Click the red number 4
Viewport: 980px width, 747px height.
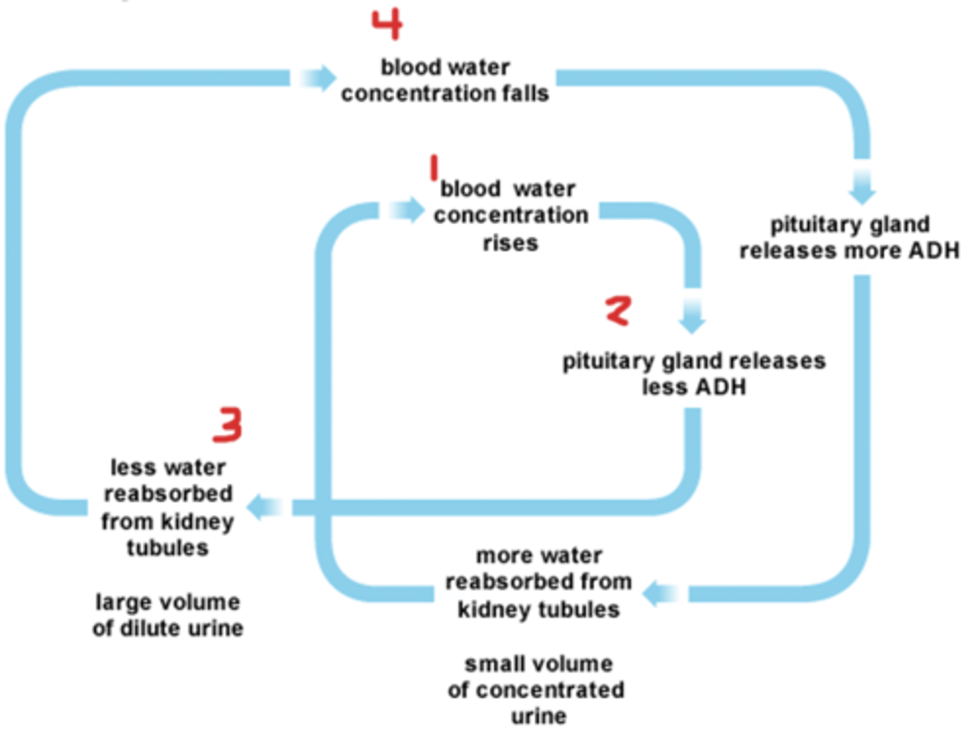[x=387, y=25]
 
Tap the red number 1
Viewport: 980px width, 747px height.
[x=434, y=168]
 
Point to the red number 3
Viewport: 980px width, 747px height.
[x=228, y=424]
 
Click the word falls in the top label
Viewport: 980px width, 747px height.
[x=525, y=93]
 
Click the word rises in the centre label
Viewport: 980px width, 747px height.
[x=510, y=243]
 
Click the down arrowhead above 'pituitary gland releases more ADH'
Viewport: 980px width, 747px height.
[x=862, y=193]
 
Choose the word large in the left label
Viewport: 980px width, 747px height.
[x=120, y=602]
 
